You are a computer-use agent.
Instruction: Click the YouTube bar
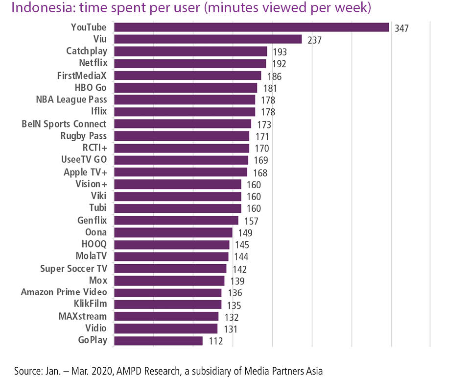click(x=251, y=27)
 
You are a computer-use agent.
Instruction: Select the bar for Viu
click(x=208, y=39)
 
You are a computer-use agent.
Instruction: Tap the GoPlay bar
click(x=158, y=341)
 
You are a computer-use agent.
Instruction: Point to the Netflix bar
click(x=189, y=64)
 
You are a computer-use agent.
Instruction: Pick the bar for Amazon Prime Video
click(x=167, y=293)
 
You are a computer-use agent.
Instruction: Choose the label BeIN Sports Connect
click(x=64, y=124)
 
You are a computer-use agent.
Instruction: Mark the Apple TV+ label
click(x=85, y=172)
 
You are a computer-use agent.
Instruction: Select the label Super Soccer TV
click(x=73, y=268)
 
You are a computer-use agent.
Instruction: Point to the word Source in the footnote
click(x=27, y=370)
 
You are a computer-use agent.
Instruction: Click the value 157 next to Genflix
click(x=251, y=221)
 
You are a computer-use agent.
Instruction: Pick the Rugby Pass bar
click(x=181, y=136)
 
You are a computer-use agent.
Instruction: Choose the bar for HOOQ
click(x=171, y=245)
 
